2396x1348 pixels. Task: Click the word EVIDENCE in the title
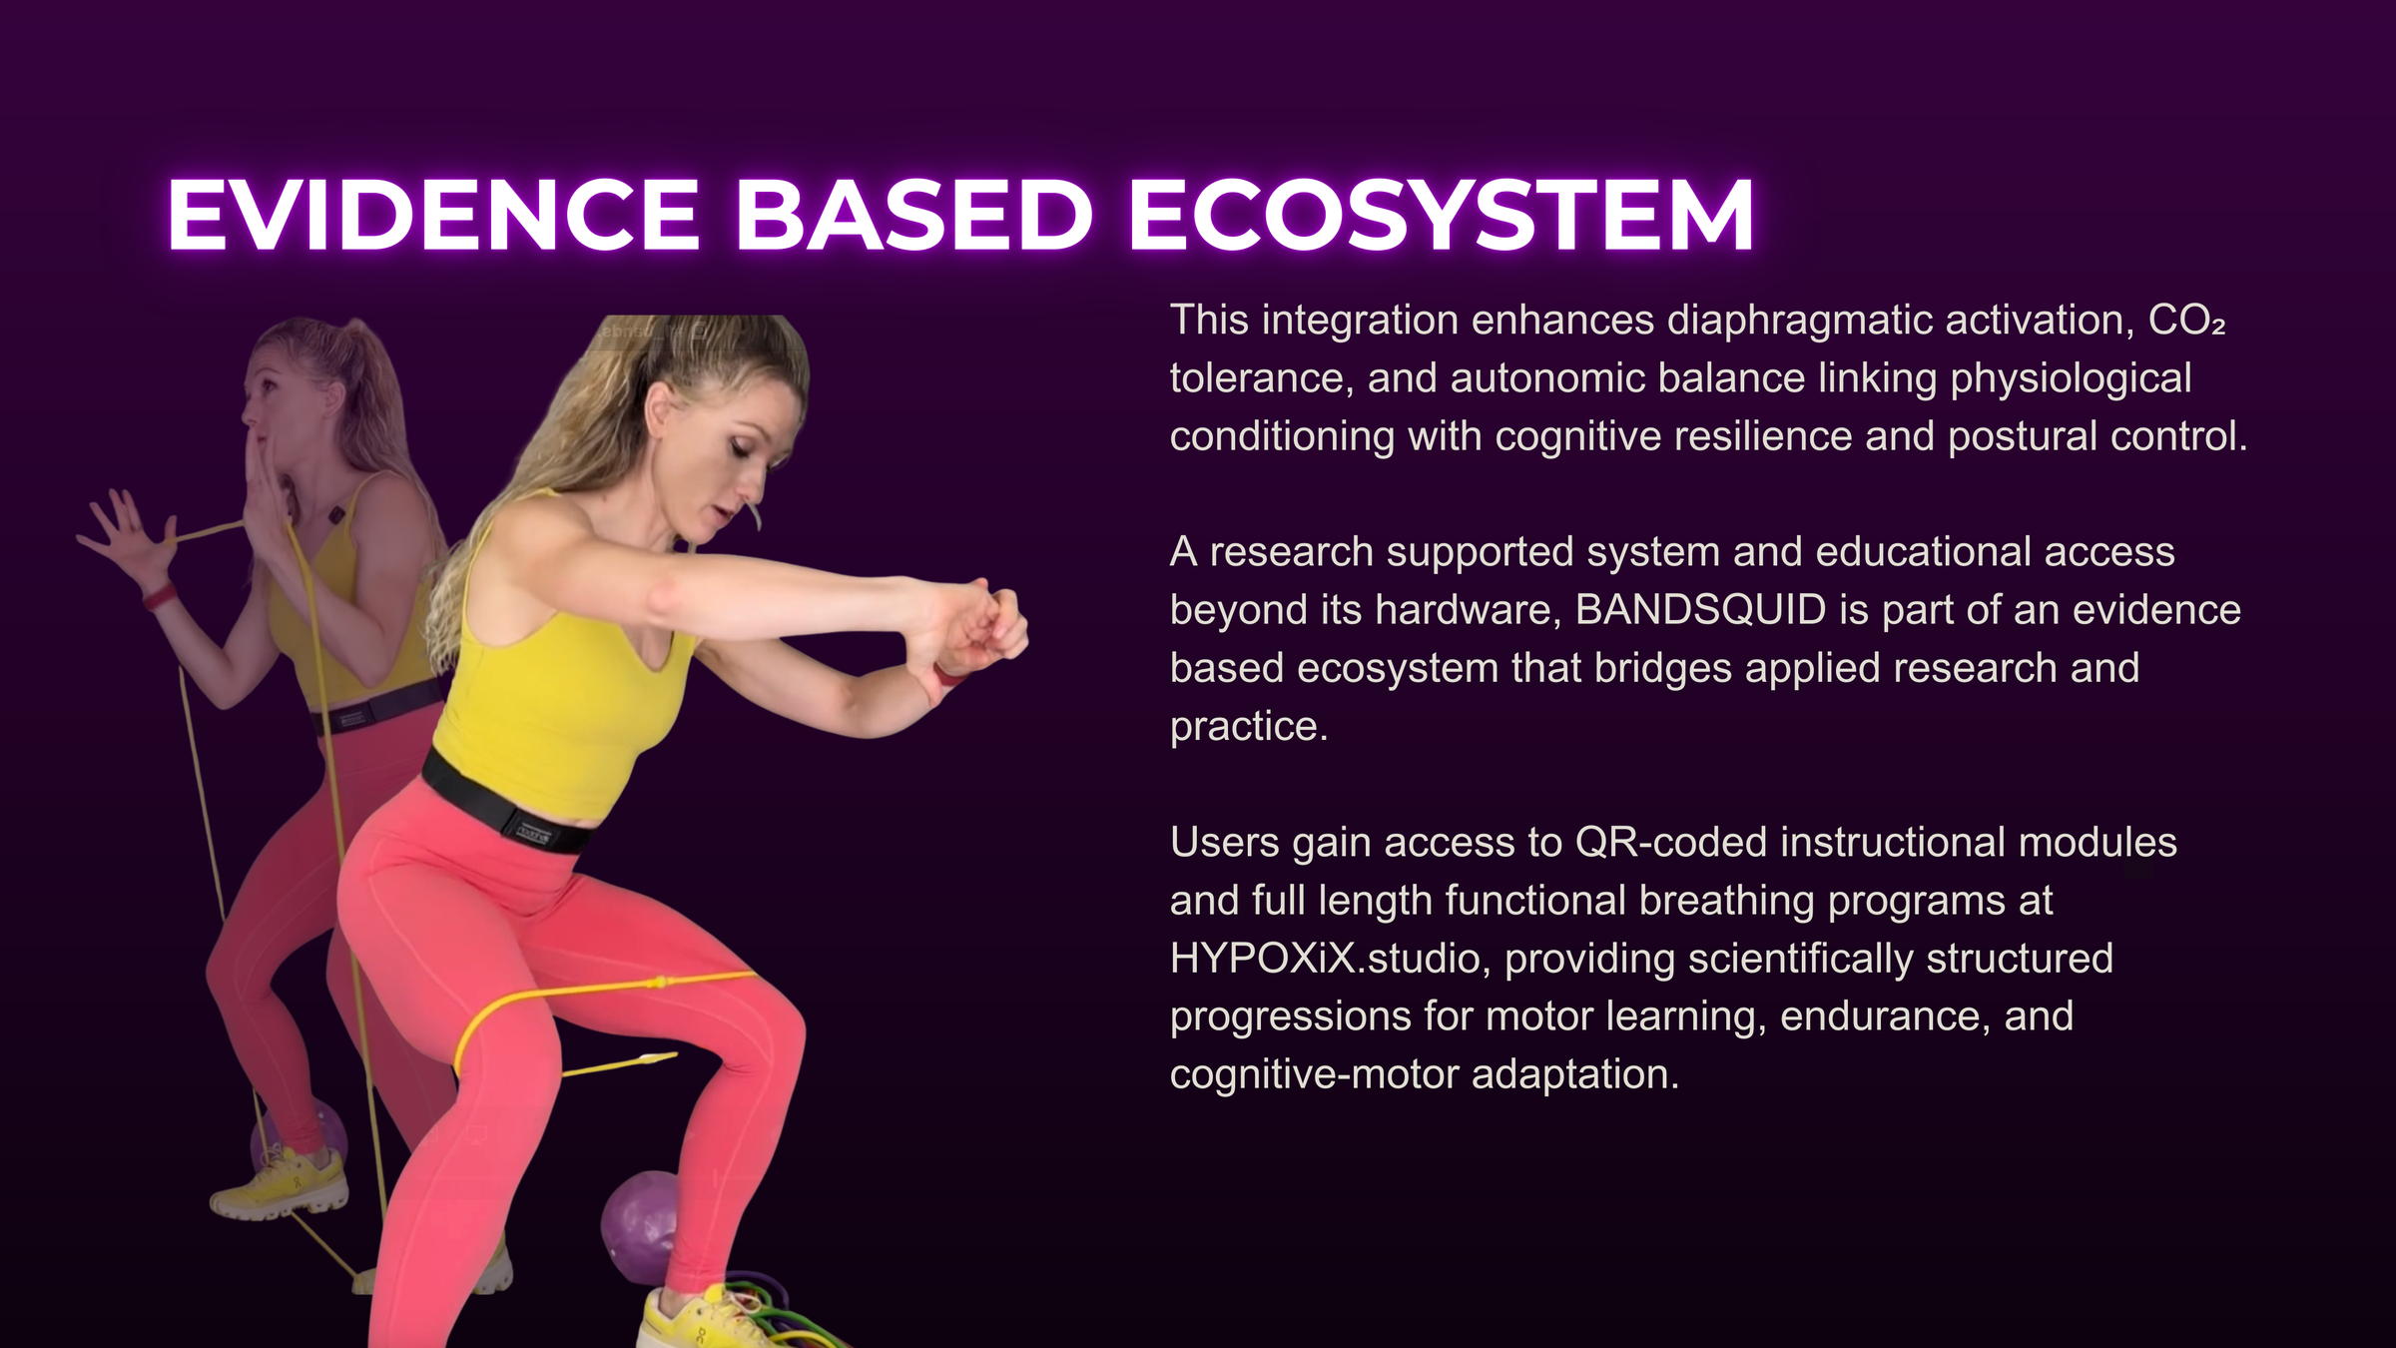(x=433, y=215)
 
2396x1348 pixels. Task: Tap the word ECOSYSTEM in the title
(x=1441, y=215)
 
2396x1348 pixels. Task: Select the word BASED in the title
(x=913, y=215)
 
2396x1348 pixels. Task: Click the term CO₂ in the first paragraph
(x=2186, y=321)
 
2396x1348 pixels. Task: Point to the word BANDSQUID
(x=1700, y=610)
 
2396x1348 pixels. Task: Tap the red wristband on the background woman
(x=160, y=597)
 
